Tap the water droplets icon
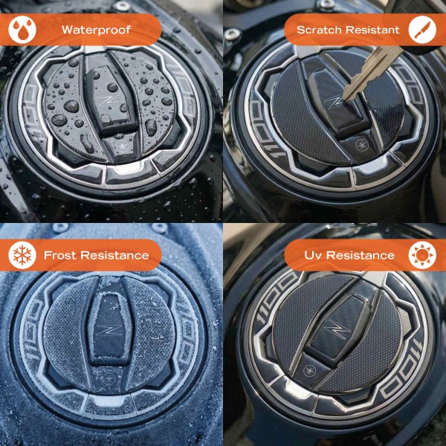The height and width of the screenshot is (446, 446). pos(22,30)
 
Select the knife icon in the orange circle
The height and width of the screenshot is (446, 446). pos(423,30)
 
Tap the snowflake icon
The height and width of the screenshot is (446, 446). pos(22,255)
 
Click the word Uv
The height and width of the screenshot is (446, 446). pos(313,255)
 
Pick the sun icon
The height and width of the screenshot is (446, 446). pos(423,255)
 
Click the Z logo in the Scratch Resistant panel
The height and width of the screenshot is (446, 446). pos(336,99)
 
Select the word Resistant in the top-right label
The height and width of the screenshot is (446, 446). pos(376,30)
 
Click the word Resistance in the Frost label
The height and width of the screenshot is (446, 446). pos(116,255)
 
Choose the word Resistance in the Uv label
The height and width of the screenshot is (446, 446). pos(360,255)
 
